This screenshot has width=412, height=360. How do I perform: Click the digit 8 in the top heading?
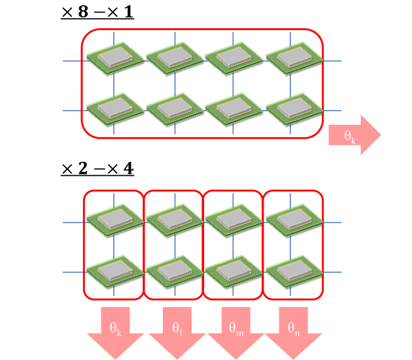[x=83, y=12]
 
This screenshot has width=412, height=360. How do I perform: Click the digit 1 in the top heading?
[x=129, y=12]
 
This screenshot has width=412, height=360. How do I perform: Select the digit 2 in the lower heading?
[x=83, y=169]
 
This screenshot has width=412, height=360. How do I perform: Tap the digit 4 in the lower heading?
[x=128, y=169]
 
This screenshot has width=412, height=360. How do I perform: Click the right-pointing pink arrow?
[x=354, y=135]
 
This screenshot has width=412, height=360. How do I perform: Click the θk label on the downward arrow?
[x=116, y=329]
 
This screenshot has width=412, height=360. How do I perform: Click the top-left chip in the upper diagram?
[x=115, y=59]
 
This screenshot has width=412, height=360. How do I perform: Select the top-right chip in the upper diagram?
[x=294, y=59]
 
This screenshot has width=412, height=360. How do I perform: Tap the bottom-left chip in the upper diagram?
[x=115, y=110]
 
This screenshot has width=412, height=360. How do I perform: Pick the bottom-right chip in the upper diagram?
[x=294, y=110]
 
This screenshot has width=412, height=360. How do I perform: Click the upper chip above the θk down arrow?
[x=115, y=221]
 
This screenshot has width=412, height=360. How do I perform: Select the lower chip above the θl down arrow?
[x=175, y=272]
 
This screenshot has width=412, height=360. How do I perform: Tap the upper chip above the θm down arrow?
[x=234, y=221]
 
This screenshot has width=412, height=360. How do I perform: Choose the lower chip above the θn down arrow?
[x=294, y=272]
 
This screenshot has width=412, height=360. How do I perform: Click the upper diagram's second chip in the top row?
[x=175, y=59]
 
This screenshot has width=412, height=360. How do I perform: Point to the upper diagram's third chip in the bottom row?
[x=234, y=110]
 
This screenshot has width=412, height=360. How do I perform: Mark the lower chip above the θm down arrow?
[x=234, y=272]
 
